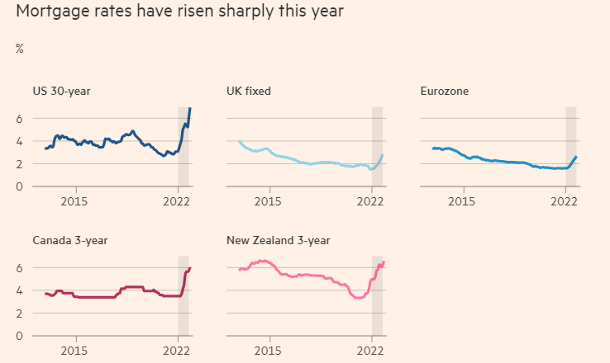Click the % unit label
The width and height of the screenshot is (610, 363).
pos(19,49)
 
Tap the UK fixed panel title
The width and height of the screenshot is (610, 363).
pos(249,92)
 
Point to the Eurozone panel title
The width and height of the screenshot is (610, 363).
pos(445,92)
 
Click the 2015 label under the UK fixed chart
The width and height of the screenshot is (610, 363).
pos(269,200)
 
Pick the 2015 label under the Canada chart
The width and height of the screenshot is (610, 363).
pos(74,350)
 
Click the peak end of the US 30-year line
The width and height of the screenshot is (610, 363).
pos(190,109)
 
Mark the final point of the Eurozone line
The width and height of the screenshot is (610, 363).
pos(576,157)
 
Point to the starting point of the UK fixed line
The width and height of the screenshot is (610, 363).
pos(239,142)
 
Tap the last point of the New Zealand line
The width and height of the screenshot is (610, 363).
pos(384,262)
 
